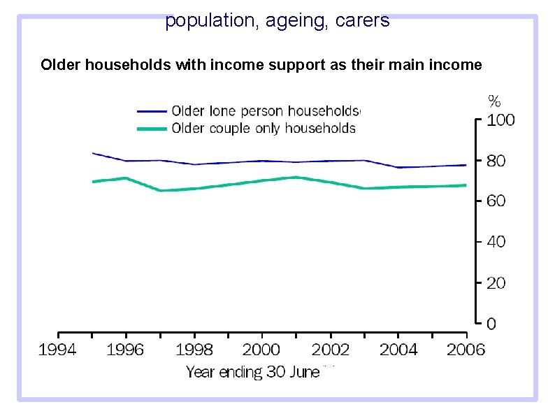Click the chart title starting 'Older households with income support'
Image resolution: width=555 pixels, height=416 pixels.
(261, 65)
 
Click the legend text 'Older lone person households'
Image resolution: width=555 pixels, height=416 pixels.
(266, 110)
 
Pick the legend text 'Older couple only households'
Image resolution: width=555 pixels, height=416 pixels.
(264, 128)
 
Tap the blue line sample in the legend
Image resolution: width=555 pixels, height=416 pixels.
(152, 110)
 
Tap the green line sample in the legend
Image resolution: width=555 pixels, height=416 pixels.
(152, 129)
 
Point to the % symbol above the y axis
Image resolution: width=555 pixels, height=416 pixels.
(494, 101)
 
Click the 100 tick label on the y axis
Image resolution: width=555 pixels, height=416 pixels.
(500, 120)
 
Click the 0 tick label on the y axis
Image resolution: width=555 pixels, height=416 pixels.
(492, 324)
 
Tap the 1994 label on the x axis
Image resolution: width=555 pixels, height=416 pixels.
(58, 350)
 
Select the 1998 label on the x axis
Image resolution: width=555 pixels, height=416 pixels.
(194, 350)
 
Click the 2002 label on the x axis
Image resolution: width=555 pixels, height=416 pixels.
(331, 350)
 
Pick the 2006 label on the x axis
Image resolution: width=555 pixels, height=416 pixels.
(466, 350)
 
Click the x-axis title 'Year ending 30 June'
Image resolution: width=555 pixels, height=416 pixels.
(252, 372)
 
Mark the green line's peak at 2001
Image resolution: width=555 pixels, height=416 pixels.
(296, 177)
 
